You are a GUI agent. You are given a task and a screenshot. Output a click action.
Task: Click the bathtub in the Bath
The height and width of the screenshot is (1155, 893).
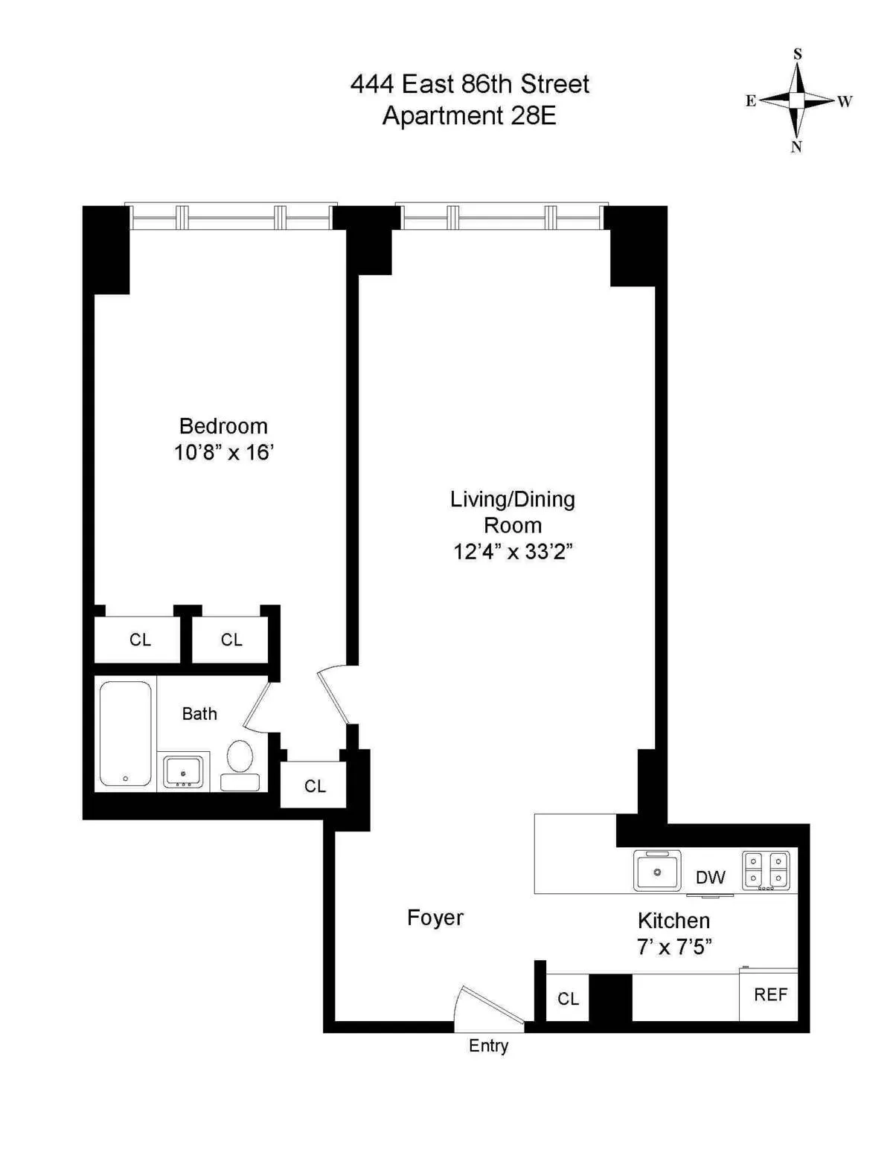point(125,733)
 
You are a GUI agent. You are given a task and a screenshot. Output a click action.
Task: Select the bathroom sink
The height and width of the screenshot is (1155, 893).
point(183,772)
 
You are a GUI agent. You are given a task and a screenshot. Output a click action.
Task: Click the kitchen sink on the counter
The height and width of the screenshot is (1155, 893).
point(656,871)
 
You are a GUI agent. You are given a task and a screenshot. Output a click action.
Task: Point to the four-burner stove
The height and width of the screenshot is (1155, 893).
point(766,870)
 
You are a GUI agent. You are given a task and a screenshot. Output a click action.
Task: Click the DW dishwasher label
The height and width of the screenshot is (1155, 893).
point(710,878)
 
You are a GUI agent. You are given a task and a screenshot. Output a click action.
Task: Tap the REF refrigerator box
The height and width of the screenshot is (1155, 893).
point(769,995)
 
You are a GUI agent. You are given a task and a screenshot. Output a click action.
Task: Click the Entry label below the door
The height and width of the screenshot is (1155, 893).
point(488,1046)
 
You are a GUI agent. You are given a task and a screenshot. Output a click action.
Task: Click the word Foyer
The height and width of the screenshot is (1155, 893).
point(435,918)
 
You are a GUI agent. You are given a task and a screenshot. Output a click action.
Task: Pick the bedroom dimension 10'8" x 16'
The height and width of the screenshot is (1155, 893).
point(224,452)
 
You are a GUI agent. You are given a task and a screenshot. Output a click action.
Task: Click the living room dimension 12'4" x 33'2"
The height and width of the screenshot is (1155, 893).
point(513,551)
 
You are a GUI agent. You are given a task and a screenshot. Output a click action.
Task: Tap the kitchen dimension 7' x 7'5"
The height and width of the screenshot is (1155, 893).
point(674,947)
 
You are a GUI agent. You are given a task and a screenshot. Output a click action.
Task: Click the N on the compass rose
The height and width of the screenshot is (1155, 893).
point(796,147)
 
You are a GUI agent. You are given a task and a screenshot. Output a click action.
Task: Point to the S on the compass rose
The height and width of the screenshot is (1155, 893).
point(798,54)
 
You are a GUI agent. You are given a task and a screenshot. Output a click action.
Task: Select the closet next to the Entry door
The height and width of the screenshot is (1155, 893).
point(568,998)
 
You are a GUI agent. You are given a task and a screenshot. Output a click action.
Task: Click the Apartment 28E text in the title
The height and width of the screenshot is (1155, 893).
point(469,116)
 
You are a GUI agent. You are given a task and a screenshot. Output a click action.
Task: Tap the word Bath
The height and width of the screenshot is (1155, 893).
point(199,713)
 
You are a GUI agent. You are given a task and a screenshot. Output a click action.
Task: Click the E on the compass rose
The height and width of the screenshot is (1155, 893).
point(751,101)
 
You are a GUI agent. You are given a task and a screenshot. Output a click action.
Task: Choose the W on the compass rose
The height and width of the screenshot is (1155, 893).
point(845,101)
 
